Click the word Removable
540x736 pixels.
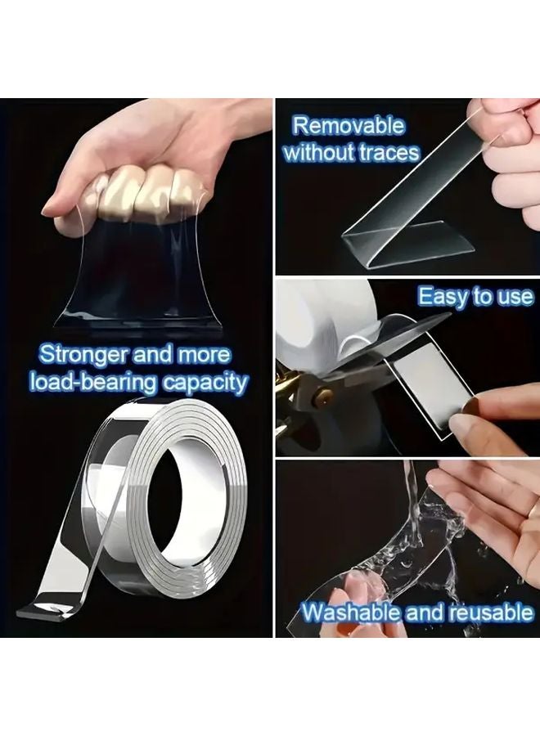point(349,126)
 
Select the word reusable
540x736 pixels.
point(488,613)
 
